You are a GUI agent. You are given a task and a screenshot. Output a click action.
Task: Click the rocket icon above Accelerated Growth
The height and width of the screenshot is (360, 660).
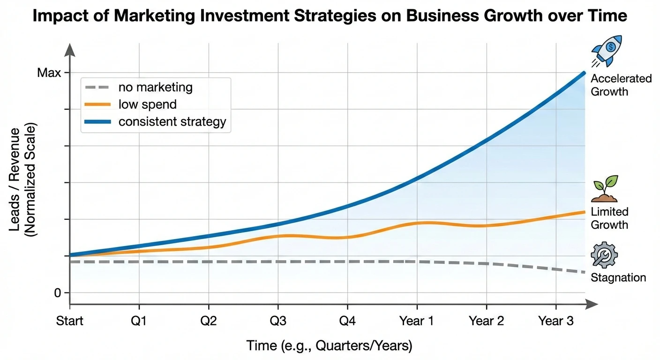607,51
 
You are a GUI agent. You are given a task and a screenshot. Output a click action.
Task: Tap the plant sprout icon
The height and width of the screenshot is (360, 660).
605,189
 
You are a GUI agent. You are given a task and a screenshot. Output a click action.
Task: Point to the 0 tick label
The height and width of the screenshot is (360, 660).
58,293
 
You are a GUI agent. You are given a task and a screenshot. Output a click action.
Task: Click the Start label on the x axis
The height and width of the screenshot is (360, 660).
70,321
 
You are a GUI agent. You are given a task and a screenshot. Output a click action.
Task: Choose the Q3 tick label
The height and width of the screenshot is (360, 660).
278,321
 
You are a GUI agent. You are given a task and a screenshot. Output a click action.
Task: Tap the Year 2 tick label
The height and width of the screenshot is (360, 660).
486,321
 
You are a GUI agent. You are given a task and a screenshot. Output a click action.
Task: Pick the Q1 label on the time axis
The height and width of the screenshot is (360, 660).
139,321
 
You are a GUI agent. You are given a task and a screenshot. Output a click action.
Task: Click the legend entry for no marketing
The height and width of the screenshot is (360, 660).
155,87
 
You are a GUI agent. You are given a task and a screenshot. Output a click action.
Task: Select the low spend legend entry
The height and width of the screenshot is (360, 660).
147,104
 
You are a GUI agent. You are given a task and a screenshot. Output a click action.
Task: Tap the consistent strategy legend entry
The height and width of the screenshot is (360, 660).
172,122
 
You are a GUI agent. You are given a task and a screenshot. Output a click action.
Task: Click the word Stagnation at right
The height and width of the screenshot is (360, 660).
618,277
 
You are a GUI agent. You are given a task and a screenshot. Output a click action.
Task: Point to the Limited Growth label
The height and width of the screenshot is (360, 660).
609,218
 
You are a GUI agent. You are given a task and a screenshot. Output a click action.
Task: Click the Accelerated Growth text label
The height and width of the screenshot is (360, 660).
621,85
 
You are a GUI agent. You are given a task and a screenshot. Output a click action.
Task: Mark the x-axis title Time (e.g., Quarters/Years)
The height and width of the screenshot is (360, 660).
330,346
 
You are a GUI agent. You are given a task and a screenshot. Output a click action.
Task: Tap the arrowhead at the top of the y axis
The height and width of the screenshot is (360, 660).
70,48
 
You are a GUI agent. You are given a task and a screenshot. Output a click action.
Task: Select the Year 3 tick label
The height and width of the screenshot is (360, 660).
555,321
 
